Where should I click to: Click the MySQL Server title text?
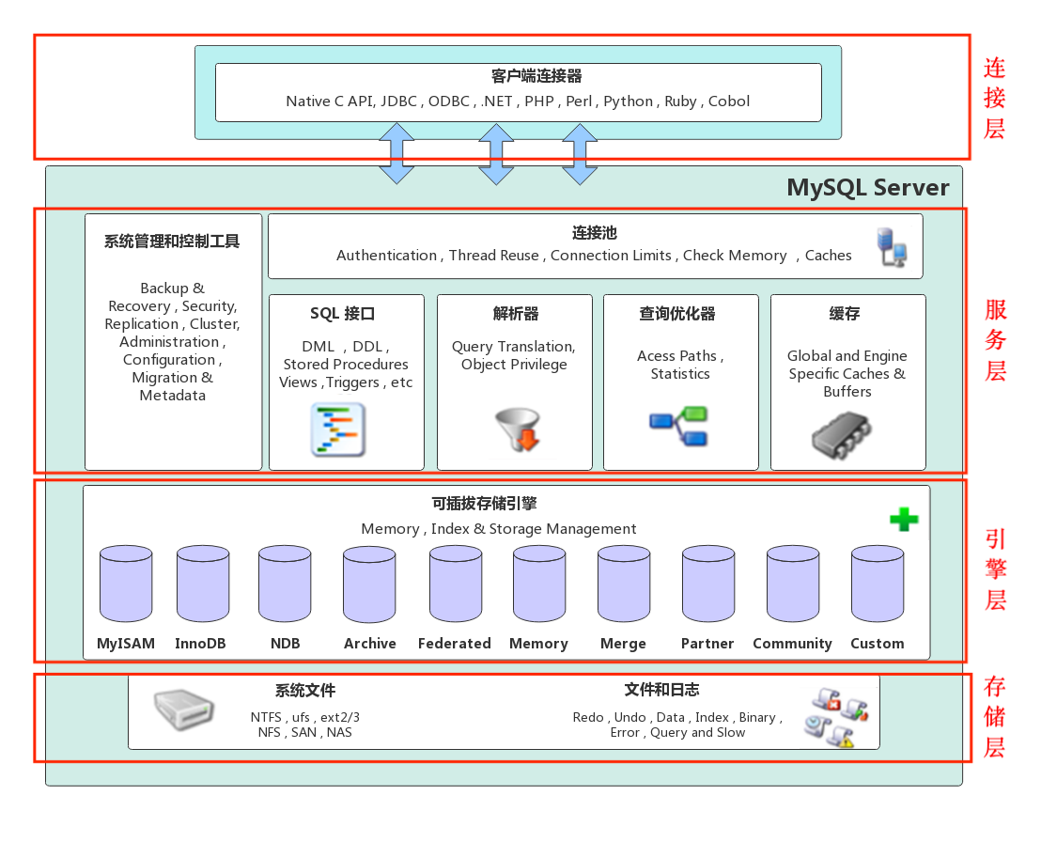click(867, 187)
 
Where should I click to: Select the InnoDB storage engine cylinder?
click(203, 584)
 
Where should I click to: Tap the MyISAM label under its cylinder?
click(126, 644)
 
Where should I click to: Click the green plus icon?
click(904, 519)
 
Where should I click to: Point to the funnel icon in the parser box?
click(517, 429)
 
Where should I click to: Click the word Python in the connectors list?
click(628, 101)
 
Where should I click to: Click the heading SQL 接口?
click(343, 314)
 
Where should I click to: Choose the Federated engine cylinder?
click(456, 584)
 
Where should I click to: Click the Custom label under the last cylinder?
click(877, 644)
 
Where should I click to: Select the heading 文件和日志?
click(661, 690)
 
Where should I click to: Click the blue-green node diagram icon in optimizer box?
click(679, 426)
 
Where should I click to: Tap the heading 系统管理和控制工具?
click(172, 242)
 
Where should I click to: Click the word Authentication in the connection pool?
click(386, 256)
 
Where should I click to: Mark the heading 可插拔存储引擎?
click(498, 505)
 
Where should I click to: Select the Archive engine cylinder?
click(369, 585)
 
